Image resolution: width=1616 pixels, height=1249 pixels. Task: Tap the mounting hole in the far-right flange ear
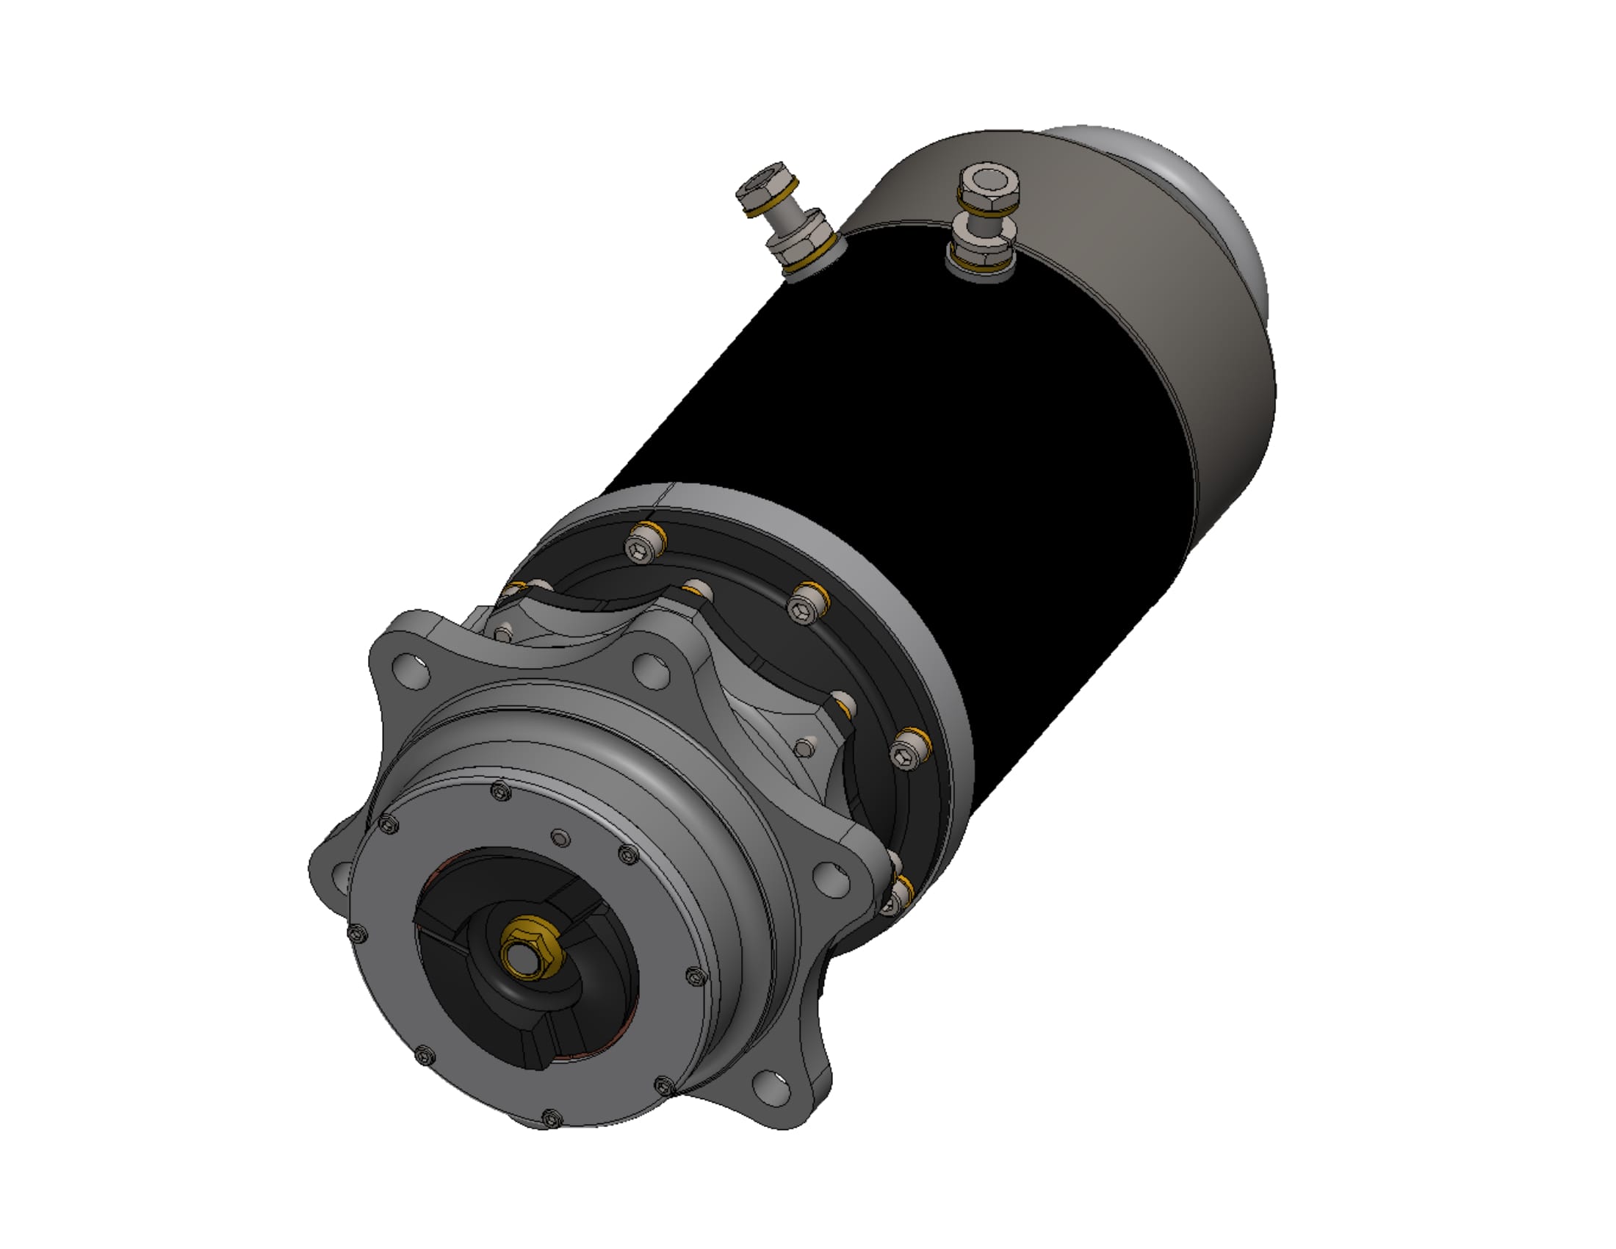(x=832, y=876)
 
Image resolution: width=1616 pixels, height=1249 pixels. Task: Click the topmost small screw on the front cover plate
(x=501, y=793)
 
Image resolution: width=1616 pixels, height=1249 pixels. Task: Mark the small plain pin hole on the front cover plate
(x=562, y=838)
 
